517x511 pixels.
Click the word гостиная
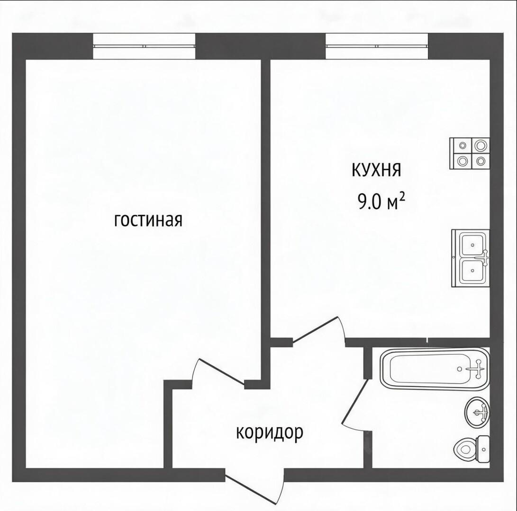(148, 220)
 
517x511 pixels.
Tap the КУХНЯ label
(377, 170)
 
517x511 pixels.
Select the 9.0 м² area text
(381, 201)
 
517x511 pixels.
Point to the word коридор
(269, 433)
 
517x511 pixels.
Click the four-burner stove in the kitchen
(470, 153)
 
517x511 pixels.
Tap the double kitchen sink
(471, 258)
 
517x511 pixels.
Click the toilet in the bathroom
(472, 448)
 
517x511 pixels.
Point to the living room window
(144, 46)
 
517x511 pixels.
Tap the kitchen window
(377, 46)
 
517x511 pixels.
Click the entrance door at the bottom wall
(254, 487)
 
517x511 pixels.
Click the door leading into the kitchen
(318, 330)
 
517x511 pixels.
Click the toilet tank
(484, 448)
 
